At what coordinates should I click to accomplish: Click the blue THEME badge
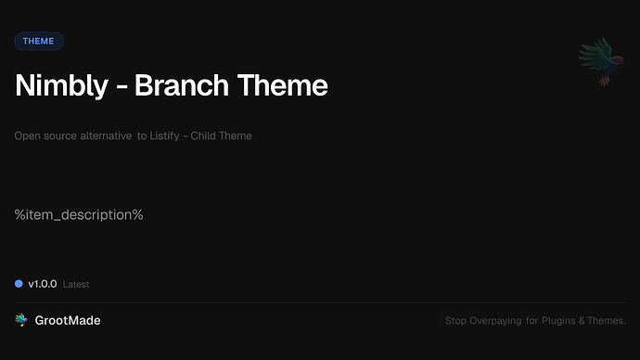click(39, 41)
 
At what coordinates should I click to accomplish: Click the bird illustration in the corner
click(597, 62)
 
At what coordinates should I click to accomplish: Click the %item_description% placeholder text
click(79, 214)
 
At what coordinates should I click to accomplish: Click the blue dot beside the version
click(19, 283)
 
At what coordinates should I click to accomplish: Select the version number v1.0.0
click(43, 283)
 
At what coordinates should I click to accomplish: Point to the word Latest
click(76, 284)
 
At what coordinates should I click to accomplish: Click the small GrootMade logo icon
click(21, 320)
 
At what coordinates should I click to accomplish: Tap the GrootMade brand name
click(69, 320)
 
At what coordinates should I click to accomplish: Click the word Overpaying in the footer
click(495, 321)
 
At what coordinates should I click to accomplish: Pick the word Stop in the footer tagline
click(455, 321)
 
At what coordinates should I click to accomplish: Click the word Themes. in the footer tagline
click(608, 321)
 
